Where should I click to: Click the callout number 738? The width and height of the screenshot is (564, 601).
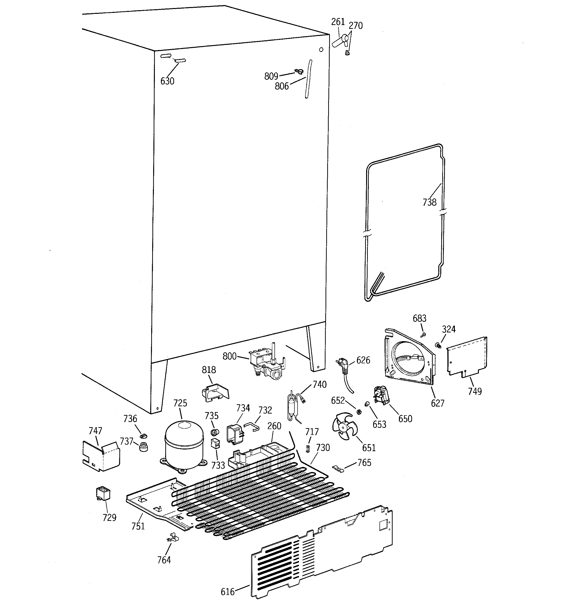click(429, 202)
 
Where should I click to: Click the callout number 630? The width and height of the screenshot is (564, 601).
click(167, 81)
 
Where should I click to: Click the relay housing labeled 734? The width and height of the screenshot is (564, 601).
click(235, 434)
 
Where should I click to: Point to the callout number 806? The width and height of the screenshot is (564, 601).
click(282, 86)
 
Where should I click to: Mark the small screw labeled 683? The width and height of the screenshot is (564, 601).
click(423, 334)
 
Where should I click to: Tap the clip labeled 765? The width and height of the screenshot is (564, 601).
click(338, 469)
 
